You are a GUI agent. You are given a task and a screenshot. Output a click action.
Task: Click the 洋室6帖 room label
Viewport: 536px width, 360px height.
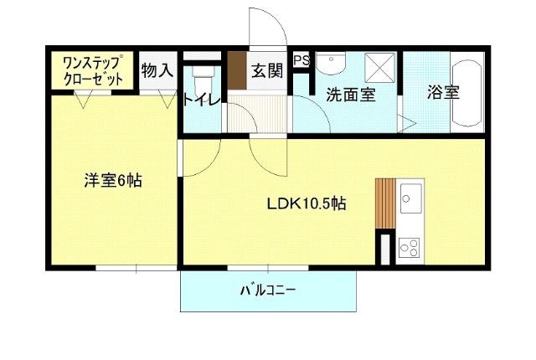111,179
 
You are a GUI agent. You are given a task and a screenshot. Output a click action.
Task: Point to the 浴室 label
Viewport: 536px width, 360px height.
443,92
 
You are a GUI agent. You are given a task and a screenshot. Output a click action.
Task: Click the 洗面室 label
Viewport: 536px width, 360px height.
350,95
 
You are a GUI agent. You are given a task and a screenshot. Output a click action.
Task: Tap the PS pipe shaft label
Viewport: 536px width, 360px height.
301,61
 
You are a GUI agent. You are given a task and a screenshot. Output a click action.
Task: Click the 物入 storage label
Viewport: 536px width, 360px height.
157,70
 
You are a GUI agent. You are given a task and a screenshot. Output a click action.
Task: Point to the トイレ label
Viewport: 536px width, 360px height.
201,100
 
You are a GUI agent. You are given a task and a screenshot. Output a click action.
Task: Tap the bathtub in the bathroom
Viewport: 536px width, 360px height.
466,93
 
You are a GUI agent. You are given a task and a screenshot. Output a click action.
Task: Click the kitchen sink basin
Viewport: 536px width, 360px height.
411,199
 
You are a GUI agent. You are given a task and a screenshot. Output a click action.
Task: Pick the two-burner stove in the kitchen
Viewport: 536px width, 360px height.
410,246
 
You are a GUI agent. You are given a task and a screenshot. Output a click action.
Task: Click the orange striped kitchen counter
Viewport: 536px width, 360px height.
384,202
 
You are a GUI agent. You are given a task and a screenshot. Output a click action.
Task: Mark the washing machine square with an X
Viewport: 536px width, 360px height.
381,67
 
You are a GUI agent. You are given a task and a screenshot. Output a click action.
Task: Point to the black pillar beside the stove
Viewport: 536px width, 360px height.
385,248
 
